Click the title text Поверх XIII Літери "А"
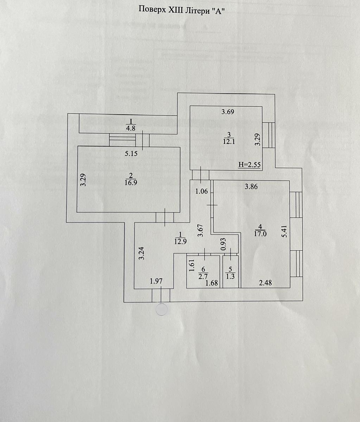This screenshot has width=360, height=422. click(x=182, y=9)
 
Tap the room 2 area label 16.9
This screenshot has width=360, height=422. click(x=131, y=182)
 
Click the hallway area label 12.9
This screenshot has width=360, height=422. click(x=180, y=241)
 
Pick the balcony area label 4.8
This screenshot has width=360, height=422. click(x=131, y=128)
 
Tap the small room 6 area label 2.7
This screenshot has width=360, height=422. click(x=203, y=277)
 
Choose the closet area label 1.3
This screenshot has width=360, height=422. click(x=230, y=276)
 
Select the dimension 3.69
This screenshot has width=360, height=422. click(x=228, y=113)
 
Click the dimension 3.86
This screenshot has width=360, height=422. click(x=251, y=187)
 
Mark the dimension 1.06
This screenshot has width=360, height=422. click(x=202, y=192)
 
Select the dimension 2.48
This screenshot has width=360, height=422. click(x=265, y=282)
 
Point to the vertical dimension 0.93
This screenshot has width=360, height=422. click(x=223, y=244)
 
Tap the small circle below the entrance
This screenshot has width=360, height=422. click(x=162, y=310)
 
